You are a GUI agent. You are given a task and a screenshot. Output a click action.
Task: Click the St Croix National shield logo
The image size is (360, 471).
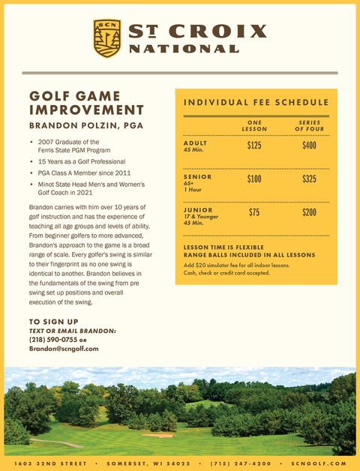(x=106, y=38)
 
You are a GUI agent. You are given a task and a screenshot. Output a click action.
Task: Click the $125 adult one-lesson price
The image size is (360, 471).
(x=254, y=145)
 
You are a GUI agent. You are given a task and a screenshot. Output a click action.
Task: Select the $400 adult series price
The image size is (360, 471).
(x=309, y=145)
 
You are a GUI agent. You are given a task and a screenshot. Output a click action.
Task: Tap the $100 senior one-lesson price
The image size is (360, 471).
(x=254, y=179)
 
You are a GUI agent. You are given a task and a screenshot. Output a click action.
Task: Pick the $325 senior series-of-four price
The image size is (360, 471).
(x=309, y=179)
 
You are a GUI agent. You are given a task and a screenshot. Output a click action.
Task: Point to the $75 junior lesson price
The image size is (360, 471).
(x=254, y=213)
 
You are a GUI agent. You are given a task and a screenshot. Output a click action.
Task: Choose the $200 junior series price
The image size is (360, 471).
(x=309, y=213)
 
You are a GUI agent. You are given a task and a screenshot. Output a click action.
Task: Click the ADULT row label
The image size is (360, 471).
(x=195, y=142)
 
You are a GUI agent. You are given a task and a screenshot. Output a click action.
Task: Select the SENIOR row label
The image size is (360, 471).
(x=196, y=176)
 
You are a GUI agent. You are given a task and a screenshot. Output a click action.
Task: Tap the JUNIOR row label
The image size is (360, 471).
(x=197, y=210)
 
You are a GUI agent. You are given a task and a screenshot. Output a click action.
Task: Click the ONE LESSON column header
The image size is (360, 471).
(x=253, y=125)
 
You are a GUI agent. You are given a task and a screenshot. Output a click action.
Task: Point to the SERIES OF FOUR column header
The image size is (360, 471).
(x=309, y=125)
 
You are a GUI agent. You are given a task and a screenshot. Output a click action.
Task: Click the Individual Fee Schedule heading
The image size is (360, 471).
(x=256, y=102)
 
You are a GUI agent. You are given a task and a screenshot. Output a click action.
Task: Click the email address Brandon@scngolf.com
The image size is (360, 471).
(x=64, y=349)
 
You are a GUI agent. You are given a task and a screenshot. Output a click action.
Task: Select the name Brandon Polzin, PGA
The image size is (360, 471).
(x=85, y=125)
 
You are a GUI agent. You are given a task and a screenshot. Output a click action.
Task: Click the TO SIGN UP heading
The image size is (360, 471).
(x=53, y=322)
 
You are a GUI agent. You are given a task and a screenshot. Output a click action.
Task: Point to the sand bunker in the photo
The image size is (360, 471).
(x=157, y=434)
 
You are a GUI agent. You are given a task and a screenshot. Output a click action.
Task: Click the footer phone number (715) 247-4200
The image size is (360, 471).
(x=241, y=463)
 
